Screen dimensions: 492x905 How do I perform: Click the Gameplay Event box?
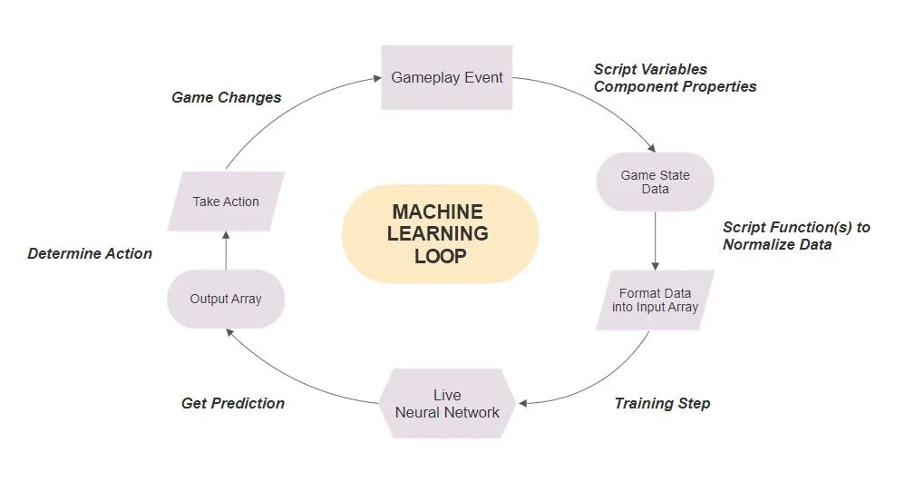[446, 77]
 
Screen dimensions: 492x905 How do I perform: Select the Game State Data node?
[655, 182]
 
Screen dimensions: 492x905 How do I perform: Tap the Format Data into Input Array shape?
[655, 300]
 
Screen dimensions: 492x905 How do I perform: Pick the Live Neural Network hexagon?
[447, 403]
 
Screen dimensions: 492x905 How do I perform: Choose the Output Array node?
[226, 299]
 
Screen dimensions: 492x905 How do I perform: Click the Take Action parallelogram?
[226, 202]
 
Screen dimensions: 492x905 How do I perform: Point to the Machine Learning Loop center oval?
[440, 233]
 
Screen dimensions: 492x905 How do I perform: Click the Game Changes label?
[226, 97]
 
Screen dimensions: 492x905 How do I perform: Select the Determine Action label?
[90, 253]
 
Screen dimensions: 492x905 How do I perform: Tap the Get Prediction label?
[233, 403]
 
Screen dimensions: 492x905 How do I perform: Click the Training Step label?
[662, 403]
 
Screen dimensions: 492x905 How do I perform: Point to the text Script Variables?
[650, 69]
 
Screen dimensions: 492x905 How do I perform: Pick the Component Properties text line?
[675, 86]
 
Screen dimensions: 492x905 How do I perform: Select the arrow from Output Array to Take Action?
[226, 250]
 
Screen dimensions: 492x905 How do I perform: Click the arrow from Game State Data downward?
[655, 241]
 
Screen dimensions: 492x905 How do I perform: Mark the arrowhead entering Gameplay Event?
[375, 79]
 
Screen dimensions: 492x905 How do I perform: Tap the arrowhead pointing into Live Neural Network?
[521, 403]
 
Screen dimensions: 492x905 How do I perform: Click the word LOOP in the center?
[440, 256]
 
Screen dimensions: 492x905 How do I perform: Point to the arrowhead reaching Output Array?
[229, 331]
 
